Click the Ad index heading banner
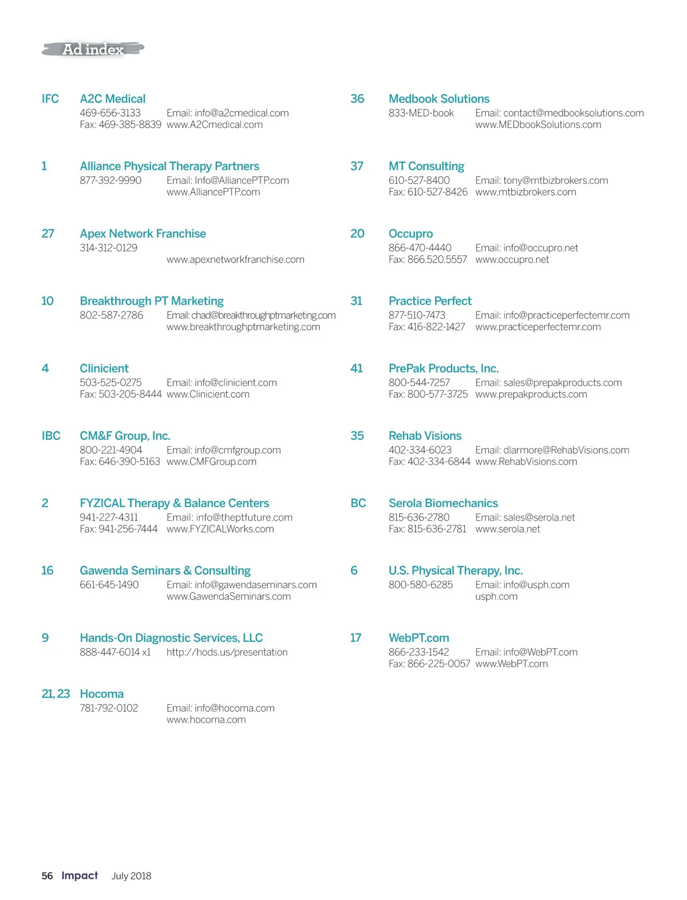pos(93,50)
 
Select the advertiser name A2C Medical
pos(113,99)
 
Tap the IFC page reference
pos(50,99)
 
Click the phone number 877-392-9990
pos(110,180)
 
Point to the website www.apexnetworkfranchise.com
pos(235,259)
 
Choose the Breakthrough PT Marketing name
pos(152,301)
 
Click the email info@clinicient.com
pos(222,382)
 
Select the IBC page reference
pos(51,436)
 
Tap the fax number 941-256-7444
pos(119,529)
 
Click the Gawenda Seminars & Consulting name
pos(165,571)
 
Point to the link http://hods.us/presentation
pos(227,652)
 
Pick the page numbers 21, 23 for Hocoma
pos(56,694)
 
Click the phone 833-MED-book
pos(421,113)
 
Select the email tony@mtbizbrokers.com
pos(542,180)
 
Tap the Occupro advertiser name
pos(410,234)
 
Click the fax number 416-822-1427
pos(427,327)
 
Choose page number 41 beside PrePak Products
pos(357,368)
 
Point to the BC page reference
pos(358,503)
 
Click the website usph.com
pos(496,597)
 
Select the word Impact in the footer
pos(80,875)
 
